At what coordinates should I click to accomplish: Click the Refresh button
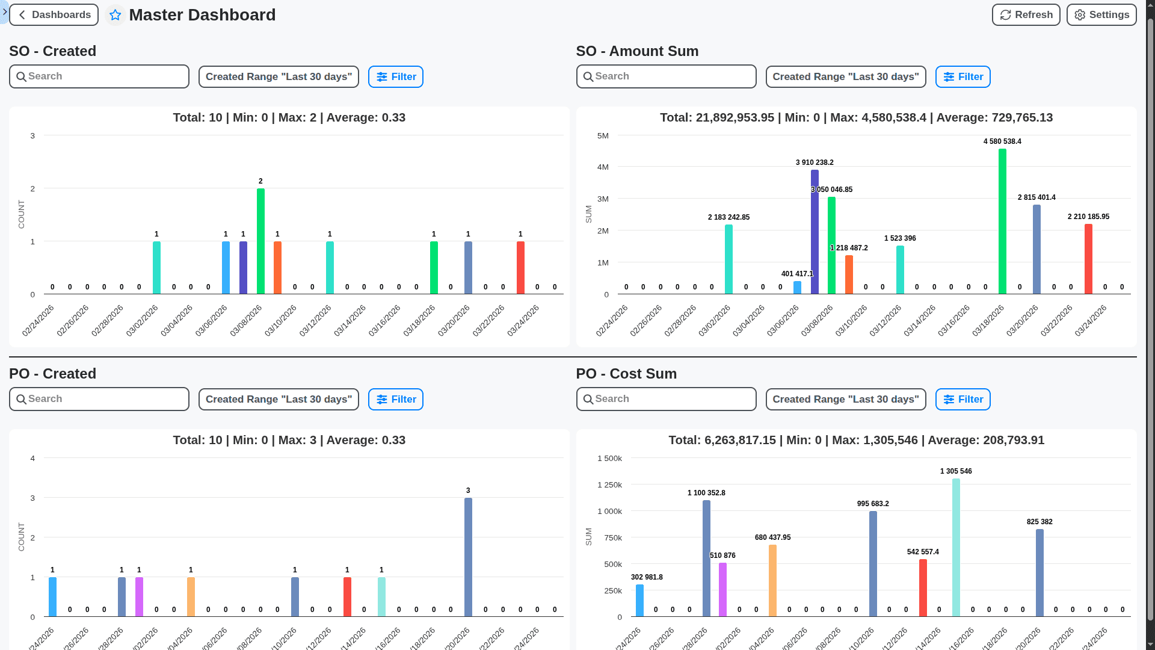(1026, 15)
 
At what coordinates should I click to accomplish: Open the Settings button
(1101, 15)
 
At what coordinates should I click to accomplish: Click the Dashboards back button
(54, 15)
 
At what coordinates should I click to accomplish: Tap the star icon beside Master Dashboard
(115, 15)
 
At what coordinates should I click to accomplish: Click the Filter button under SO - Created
(396, 77)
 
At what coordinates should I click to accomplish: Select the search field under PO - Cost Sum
(666, 399)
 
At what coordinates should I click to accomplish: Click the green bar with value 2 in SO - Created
(260, 241)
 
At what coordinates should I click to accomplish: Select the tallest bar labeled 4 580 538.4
(1002, 221)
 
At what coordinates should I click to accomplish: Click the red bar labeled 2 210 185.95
(1088, 259)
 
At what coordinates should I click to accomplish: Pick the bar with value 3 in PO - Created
(468, 557)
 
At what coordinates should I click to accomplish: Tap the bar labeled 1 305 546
(956, 548)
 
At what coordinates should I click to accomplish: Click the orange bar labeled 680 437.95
(772, 581)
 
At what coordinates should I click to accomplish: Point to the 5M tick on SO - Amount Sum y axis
(603, 136)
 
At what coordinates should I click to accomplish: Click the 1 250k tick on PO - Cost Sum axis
(609, 485)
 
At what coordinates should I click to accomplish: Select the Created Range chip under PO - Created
(279, 400)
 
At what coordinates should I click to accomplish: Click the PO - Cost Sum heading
(626, 374)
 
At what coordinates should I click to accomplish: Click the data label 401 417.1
(796, 274)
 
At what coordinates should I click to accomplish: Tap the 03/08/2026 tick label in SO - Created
(246, 321)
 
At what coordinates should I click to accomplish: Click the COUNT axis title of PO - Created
(22, 537)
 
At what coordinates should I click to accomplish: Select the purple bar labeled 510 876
(722, 590)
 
